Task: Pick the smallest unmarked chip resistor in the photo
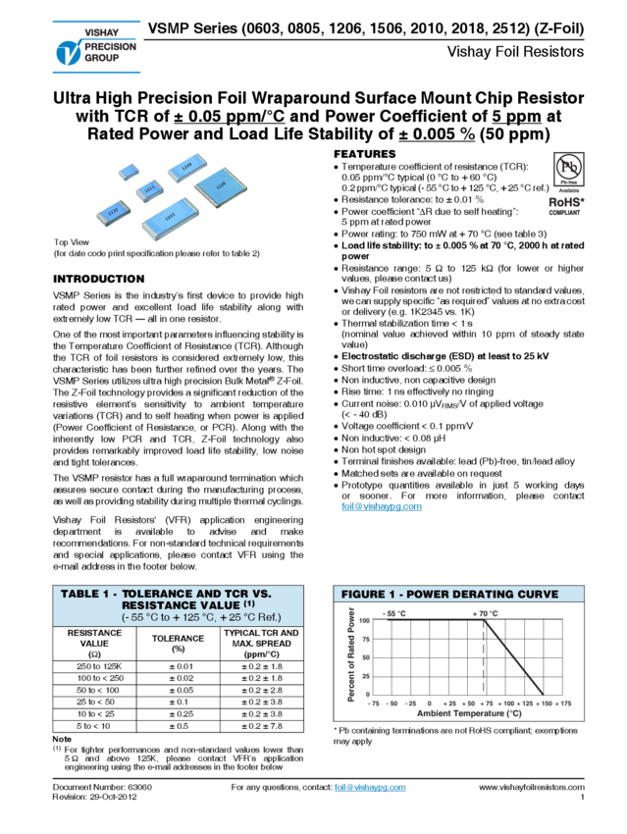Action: coord(128,172)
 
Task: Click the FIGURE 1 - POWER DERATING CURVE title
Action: coord(449,594)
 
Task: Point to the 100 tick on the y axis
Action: coord(364,620)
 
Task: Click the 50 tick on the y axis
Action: coord(366,657)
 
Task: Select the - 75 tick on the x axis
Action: coord(373,704)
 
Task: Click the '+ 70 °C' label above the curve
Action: coord(485,612)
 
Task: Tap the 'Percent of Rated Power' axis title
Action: coord(352,653)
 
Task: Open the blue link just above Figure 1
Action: coord(381,507)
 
